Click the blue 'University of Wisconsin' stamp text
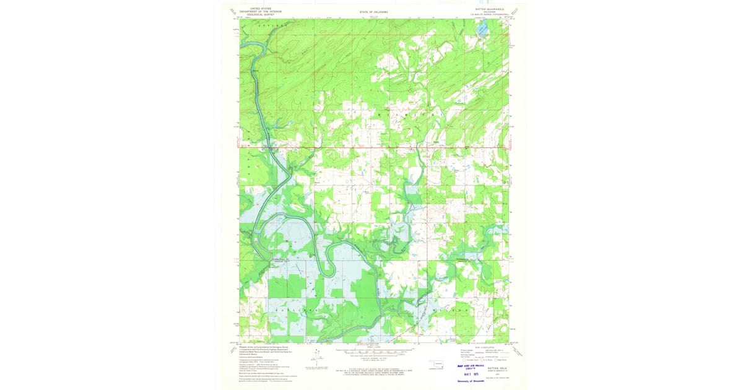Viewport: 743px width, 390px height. coord(472,381)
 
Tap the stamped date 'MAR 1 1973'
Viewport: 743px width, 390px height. coord(472,374)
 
